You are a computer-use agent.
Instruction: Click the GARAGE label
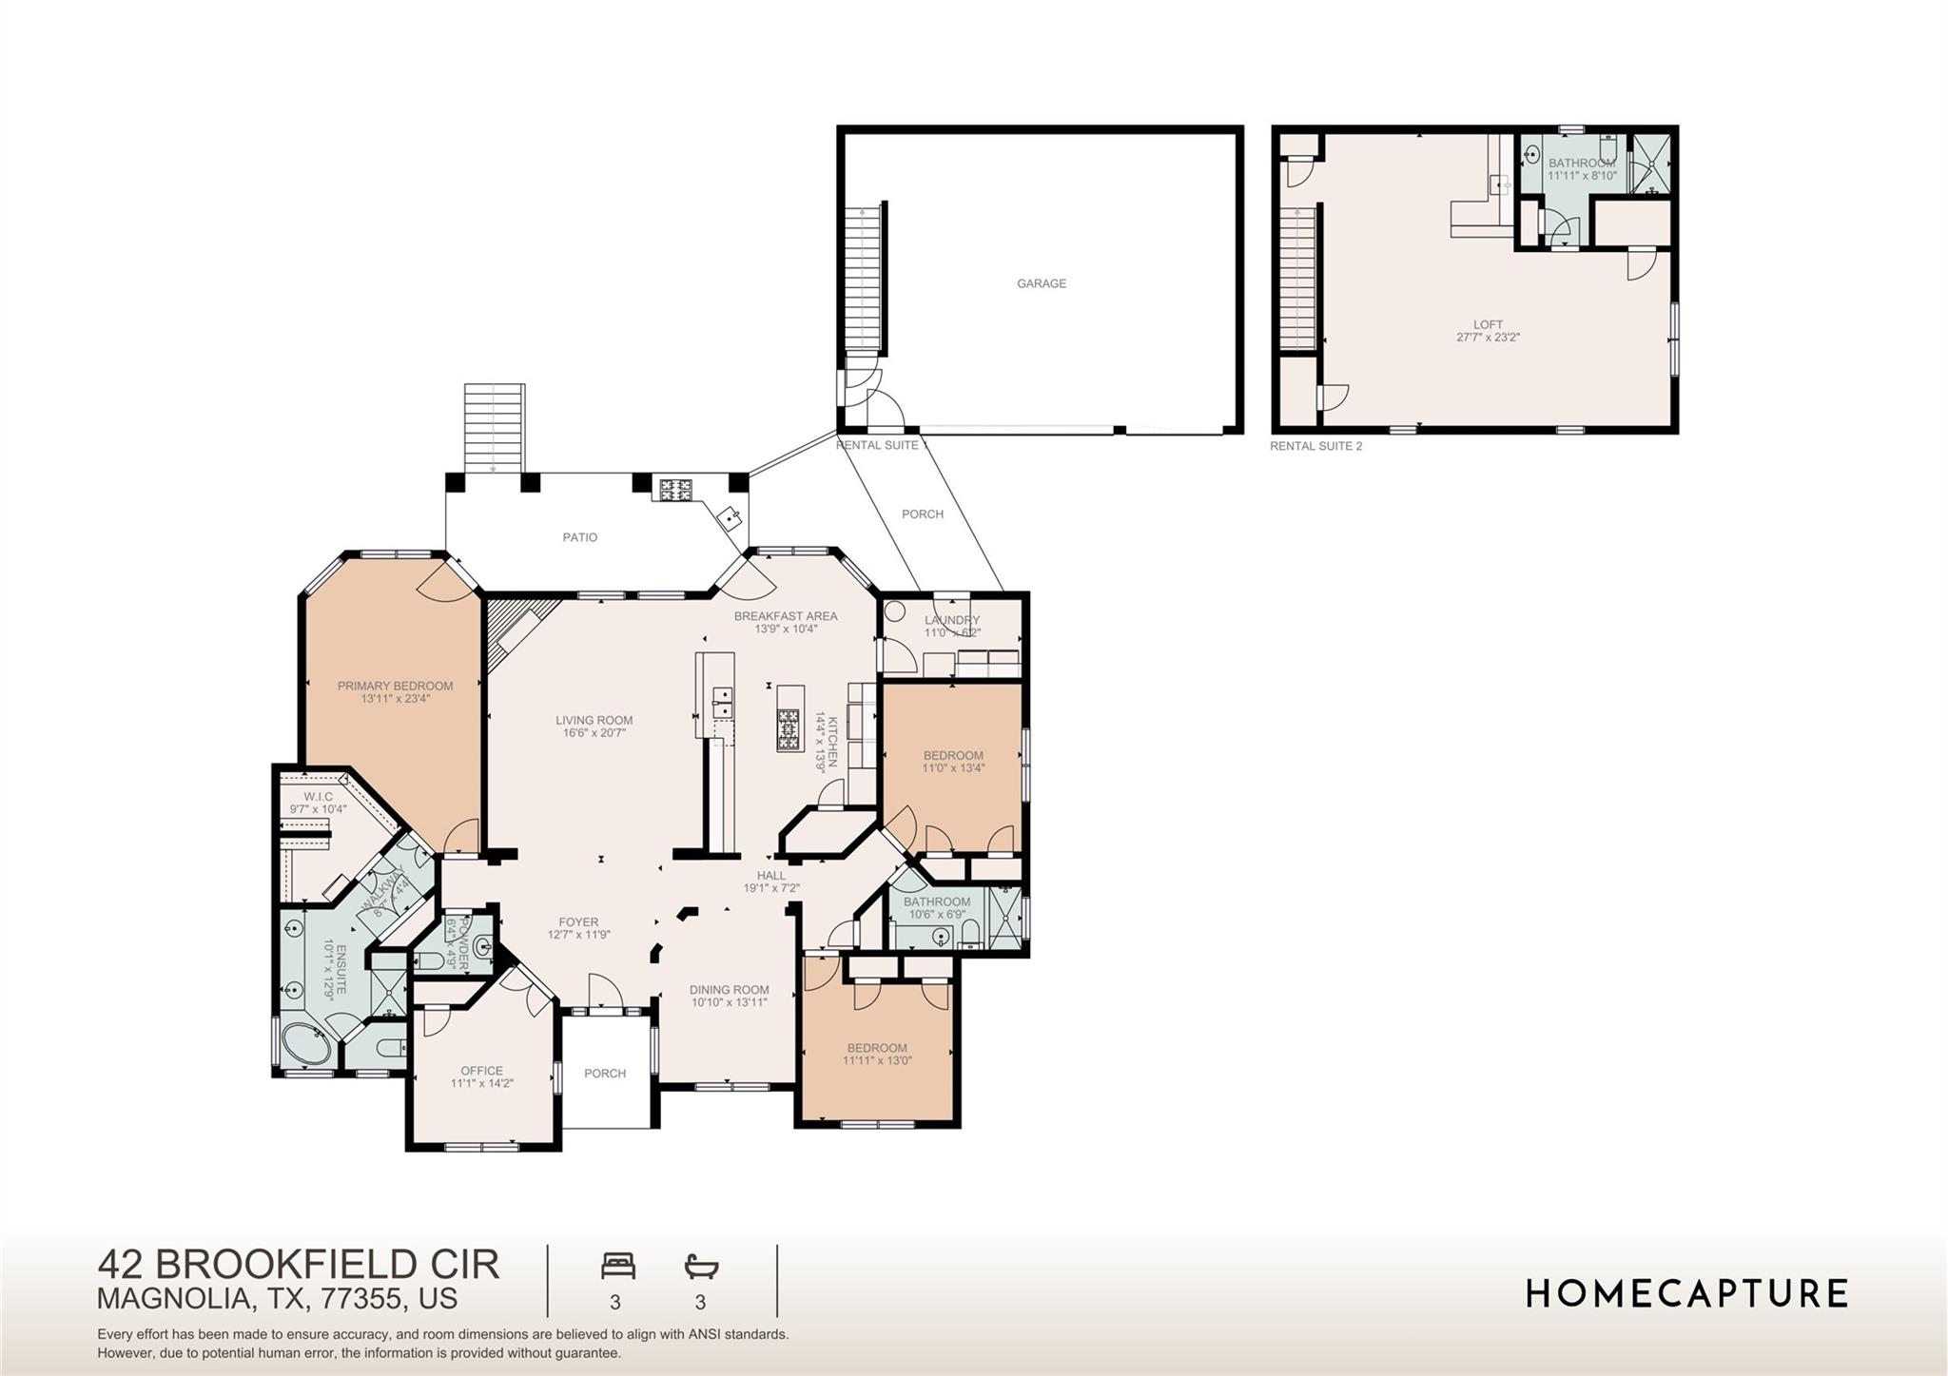coord(1041,283)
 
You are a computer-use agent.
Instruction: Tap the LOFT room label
coord(1488,325)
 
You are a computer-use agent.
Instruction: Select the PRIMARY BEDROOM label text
coord(395,686)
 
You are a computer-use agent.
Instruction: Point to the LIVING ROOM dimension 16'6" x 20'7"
coord(594,733)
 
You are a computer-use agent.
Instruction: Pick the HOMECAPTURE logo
coord(1686,1293)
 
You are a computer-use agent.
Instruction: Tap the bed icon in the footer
coord(617,1267)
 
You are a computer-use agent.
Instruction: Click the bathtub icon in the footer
coord(701,1267)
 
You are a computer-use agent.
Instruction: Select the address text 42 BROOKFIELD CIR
coord(298,1265)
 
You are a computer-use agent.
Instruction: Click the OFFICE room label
coord(481,1071)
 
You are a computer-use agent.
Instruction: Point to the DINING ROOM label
coord(729,990)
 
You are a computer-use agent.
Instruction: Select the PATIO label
coord(579,537)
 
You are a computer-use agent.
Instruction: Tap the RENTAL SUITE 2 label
coord(1315,446)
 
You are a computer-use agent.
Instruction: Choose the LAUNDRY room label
coord(951,620)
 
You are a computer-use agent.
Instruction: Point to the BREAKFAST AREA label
coord(785,616)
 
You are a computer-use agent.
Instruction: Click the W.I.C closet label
coord(318,797)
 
